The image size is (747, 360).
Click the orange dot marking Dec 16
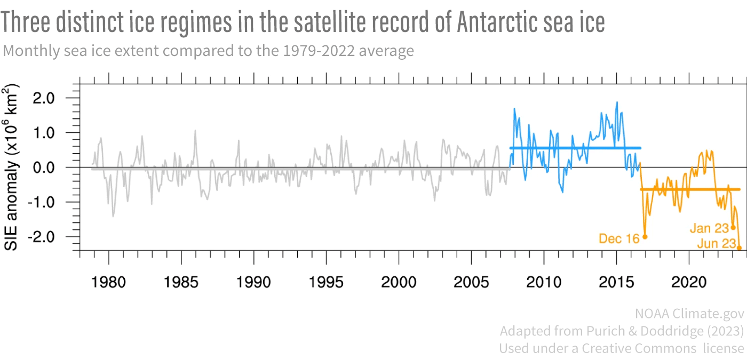tap(645, 237)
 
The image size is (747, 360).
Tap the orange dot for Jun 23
tap(740, 248)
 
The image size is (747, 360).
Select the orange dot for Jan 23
tap(733, 227)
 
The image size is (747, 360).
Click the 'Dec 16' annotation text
tap(619, 239)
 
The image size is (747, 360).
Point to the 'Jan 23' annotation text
tap(709, 228)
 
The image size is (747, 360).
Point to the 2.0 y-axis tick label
tap(58, 98)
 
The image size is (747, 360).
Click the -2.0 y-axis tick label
tap(56, 237)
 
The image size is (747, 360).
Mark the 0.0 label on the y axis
tap(58, 167)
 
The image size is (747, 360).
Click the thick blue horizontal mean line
tap(576, 148)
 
